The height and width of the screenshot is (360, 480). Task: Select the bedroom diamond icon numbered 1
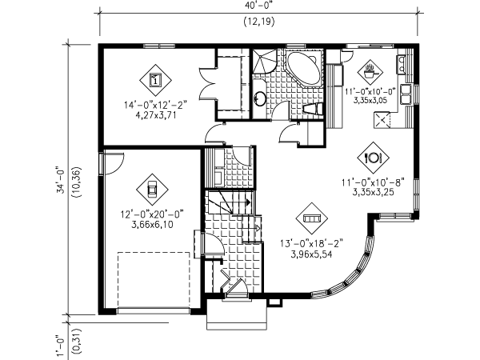[x=155, y=79]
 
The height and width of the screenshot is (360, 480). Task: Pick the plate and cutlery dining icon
[x=372, y=157]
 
